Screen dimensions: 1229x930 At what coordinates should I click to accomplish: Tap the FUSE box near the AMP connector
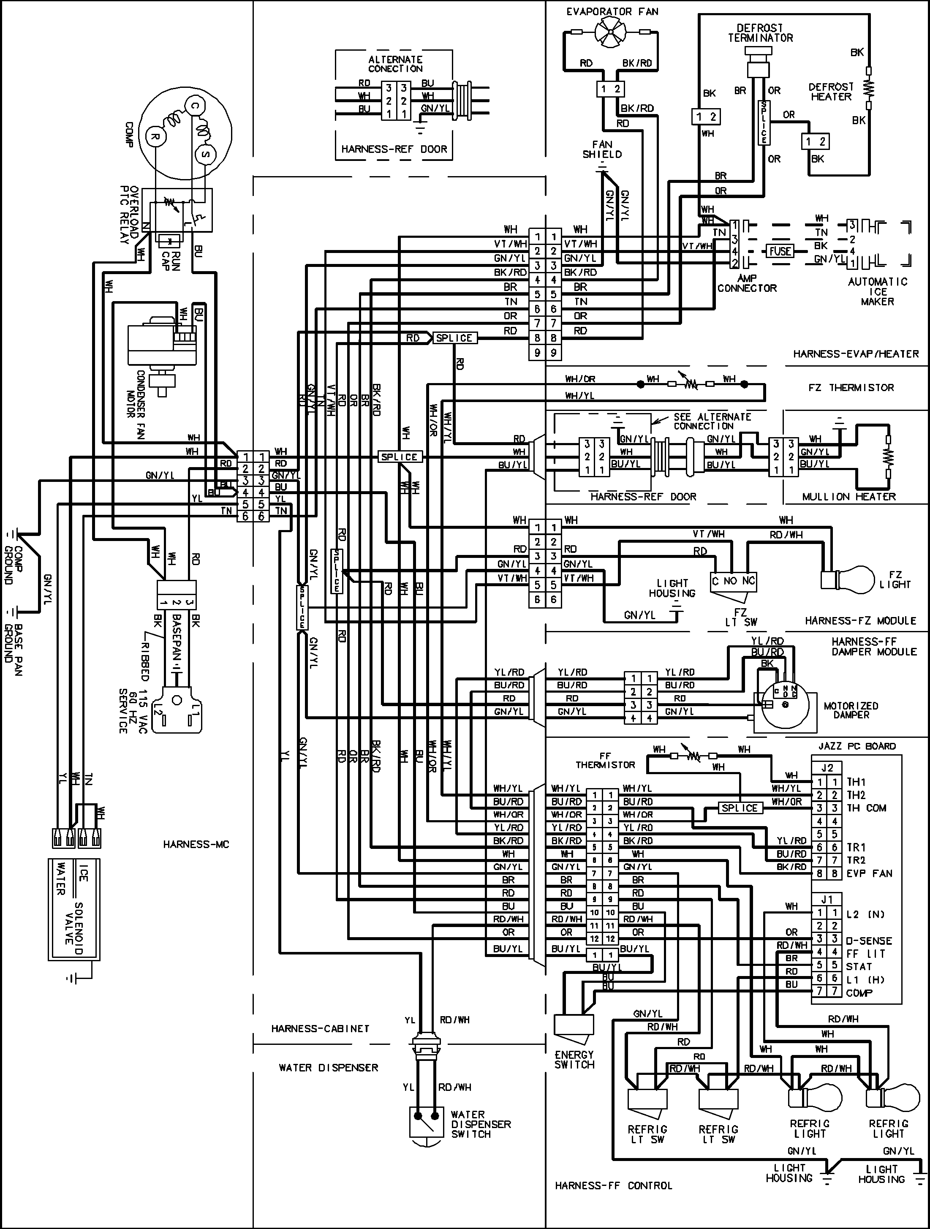pos(780,251)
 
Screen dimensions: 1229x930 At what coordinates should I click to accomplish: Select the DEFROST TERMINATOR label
pos(760,33)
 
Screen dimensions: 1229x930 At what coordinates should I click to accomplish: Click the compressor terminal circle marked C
pos(194,106)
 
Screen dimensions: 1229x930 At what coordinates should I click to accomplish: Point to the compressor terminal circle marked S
pos(205,154)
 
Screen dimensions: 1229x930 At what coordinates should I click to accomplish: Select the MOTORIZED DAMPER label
pos(851,710)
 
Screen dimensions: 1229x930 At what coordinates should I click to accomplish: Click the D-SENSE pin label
pos(869,941)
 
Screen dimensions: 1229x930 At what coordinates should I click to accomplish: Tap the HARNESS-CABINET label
pos(320,1028)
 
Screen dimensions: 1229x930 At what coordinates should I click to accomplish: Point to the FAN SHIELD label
pos(602,150)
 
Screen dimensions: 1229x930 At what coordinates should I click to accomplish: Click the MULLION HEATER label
pos(848,496)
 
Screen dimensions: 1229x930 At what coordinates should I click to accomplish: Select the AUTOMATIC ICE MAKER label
pos(877,291)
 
